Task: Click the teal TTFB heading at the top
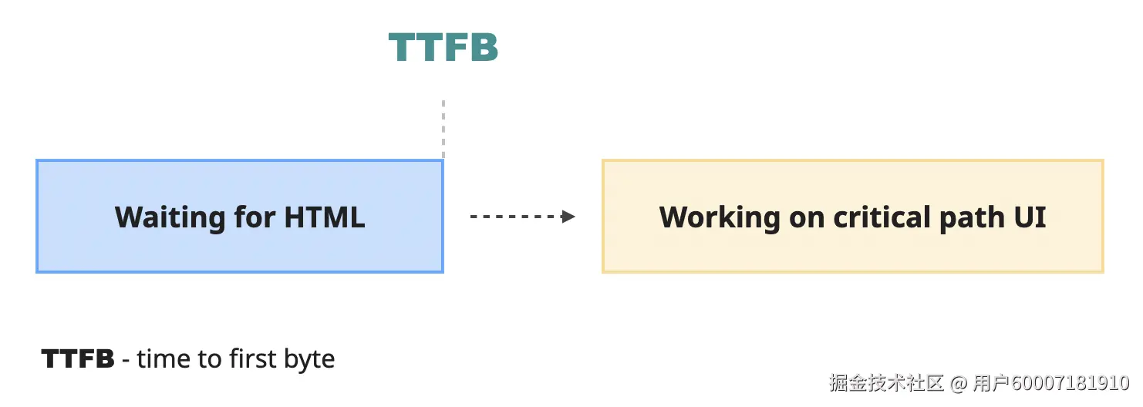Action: (x=443, y=48)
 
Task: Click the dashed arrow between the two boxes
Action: (x=517, y=217)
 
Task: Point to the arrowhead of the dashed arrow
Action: (x=569, y=217)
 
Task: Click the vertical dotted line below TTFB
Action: (x=443, y=129)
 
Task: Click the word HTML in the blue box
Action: (x=325, y=217)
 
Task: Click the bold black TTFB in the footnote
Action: (x=78, y=359)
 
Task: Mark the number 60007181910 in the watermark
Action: (x=1071, y=383)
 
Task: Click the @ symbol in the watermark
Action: (x=959, y=383)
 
